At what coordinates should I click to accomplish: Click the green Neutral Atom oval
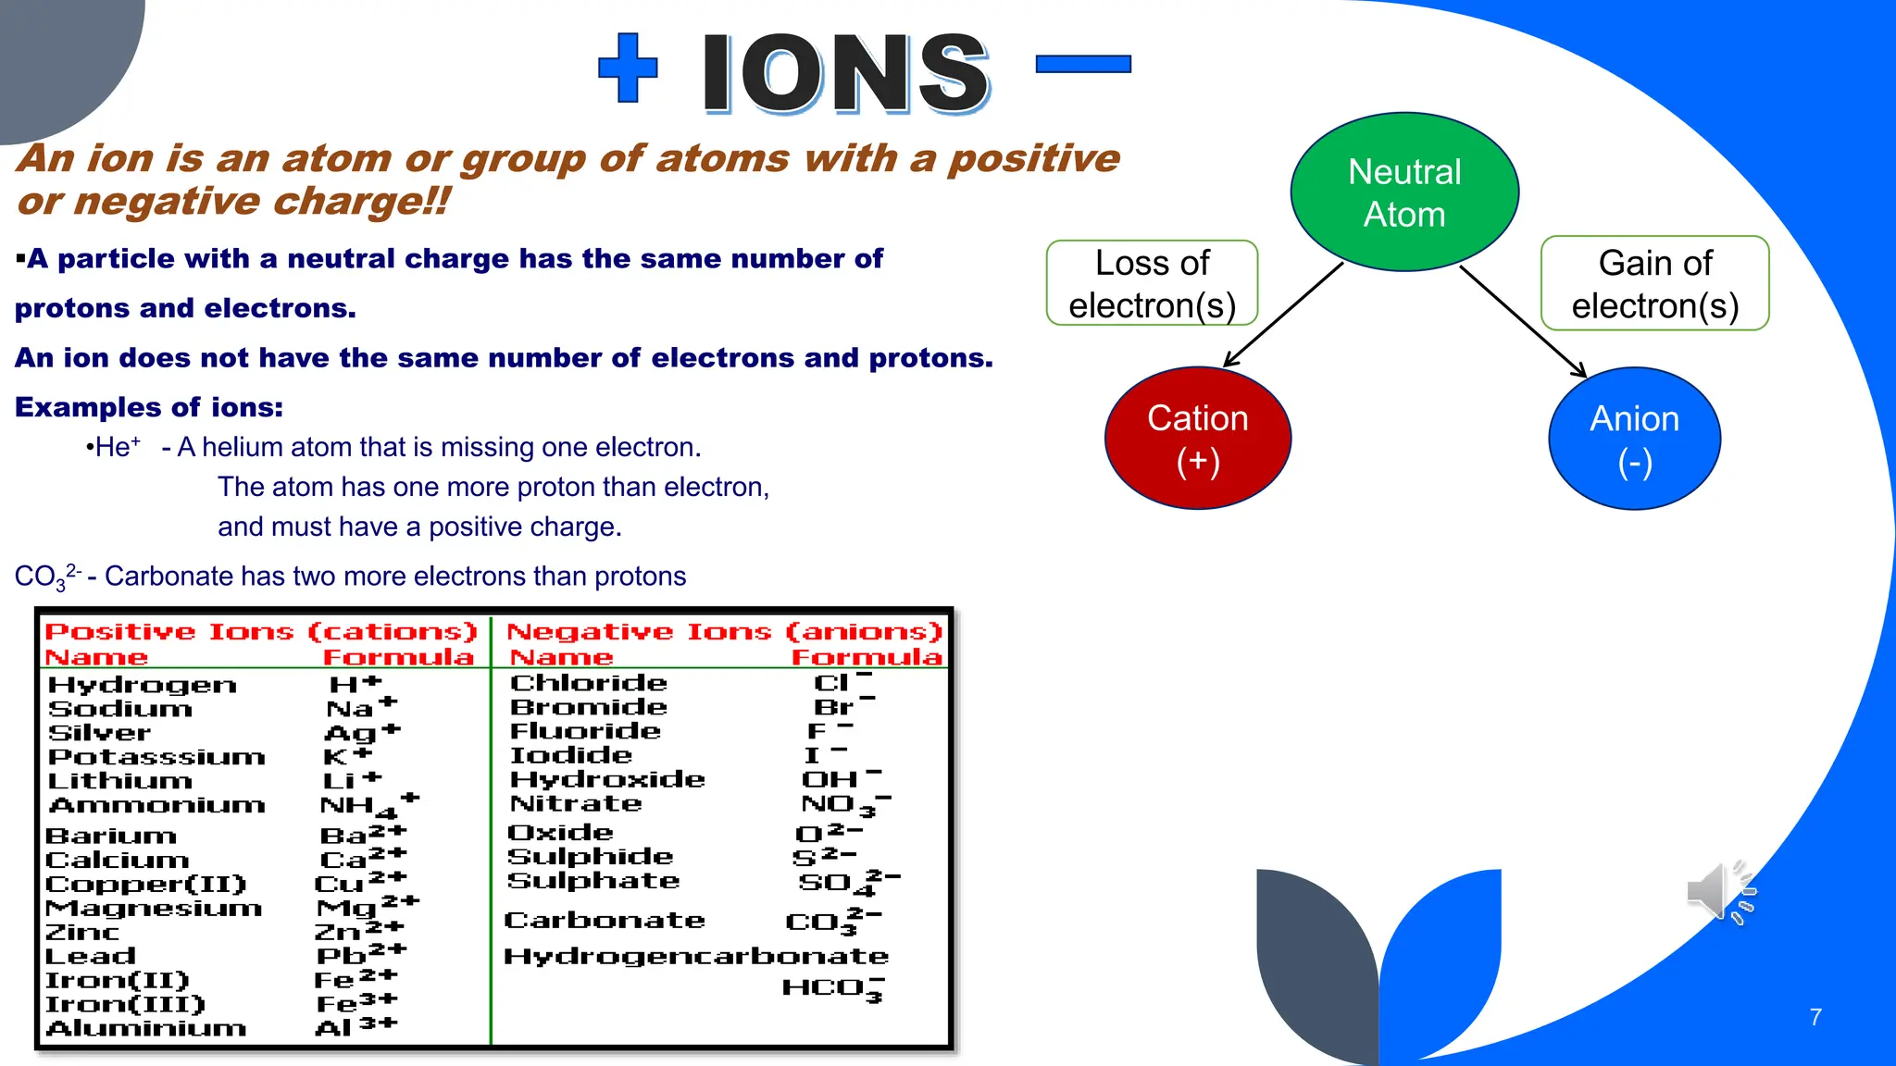(x=1404, y=192)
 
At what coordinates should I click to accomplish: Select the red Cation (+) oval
(x=1197, y=439)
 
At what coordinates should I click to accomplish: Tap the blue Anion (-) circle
(x=1634, y=439)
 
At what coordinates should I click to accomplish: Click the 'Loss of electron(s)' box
(x=1152, y=283)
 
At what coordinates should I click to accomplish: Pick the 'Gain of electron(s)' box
(x=1654, y=283)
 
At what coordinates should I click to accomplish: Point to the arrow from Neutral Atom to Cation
(x=1283, y=315)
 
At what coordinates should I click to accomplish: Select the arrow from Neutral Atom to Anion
(x=1523, y=320)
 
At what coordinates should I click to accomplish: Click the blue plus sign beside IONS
(x=628, y=68)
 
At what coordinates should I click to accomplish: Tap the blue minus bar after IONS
(x=1082, y=64)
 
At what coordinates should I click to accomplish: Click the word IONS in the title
(x=845, y=74)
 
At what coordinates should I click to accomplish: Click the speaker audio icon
(x=1719, y=892)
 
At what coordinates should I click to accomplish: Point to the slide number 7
(x=1815, y=1017)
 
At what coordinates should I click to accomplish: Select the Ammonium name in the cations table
(x=156, y=805)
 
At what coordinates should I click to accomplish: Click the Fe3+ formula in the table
(x=356, y=1003)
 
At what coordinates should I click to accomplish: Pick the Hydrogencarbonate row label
(x=695, y=956)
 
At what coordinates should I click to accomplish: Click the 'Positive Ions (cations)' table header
(x=260, y=632)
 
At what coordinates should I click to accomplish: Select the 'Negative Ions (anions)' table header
(x=724, y=632)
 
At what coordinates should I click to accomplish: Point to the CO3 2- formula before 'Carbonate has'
(x=47, y=576)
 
